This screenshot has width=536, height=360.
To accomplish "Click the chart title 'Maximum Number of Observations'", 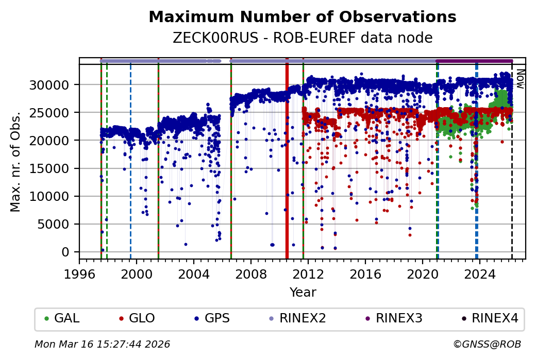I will pyautogui.click(x=302, y=17).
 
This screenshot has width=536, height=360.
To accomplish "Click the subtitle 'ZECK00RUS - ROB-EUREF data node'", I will pyautogui.click(x=302, y=38).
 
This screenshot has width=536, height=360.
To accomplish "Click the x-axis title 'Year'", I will pyautogui.click(x=303, y=293).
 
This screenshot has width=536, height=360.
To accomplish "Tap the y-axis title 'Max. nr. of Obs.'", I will pyautogui.click(x=15, y=161).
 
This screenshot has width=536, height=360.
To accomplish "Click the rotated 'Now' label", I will pyautogui.click(x=520, y=78).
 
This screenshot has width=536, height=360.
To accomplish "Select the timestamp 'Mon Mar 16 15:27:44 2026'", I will pyautogui.click(x=102, y=344).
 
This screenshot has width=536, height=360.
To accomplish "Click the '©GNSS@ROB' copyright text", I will pyautogui.click(x=487, y=344).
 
